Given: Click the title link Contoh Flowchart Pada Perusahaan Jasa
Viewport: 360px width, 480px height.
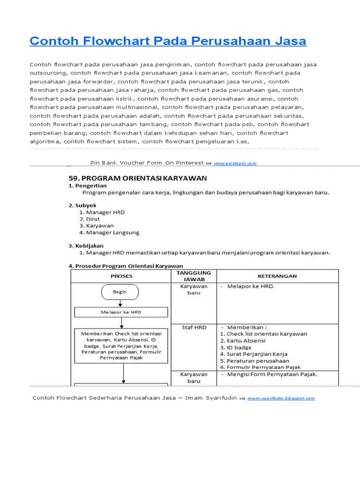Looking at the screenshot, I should tap(168, 41).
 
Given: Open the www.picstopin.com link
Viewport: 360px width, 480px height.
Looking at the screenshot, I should tap(235, 164).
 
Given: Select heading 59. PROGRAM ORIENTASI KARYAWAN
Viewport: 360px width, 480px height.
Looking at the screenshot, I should tap(138, 178).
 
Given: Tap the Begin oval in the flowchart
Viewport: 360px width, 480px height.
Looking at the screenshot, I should tap(120, 292).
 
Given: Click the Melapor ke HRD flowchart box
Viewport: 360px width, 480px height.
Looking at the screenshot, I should tap(121, 312).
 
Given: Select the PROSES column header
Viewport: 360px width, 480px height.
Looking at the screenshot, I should tap(121, 276).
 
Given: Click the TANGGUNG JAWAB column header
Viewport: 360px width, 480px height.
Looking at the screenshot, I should tap(194, 276).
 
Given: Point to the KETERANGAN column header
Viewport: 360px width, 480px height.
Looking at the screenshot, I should tap(277, 276).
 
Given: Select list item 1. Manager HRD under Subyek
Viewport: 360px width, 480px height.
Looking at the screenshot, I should tap(102, 212).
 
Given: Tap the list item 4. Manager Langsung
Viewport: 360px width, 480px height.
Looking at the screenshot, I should tap(109, 232).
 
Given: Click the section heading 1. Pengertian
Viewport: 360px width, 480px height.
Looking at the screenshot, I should tap(88, 186).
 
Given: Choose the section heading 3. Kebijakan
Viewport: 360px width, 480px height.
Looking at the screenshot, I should tap(86, 246).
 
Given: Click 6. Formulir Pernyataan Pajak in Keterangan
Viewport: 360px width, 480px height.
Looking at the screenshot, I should tap(260, 367).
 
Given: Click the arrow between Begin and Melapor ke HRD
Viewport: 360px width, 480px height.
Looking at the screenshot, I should tap(120, 303).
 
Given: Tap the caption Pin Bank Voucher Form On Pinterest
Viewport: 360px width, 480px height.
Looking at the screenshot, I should tap(147, 163).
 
